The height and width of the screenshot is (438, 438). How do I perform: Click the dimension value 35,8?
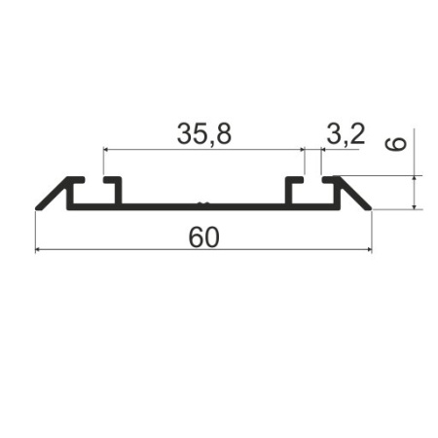tap(203, 134)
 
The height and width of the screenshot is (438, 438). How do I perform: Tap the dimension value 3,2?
tap(346, 134)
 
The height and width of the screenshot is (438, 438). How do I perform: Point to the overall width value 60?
tap(203, 237)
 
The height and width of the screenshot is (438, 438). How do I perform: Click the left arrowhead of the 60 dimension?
tap(39, 250)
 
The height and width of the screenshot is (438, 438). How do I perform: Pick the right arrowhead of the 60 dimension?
tap(368, 250)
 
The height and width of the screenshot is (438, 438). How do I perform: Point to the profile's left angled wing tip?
tap(40, 206)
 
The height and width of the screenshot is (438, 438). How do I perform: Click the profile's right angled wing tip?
tap(368, 205)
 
